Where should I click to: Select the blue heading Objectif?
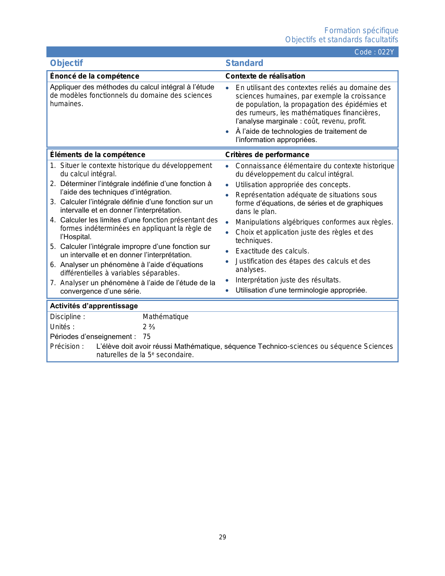pyautogui.click(x=66, y=63)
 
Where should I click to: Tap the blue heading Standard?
pyautogui.click(x=244, y=63)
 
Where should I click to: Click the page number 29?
pyautogui.click(x=222, y=537)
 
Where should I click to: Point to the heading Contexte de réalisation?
pyautogui.click(x=265, y=76)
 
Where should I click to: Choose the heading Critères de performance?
pyautogui.click(x=267, y=155)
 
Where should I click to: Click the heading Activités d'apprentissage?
pyautogui.click(x=94, y=306)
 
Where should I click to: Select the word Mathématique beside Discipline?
pyautogui.click(x=165, y=317)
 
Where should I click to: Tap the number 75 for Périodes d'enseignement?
pyautogui.click(x=147, y=337)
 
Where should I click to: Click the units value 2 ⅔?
pyautogui.click(x=149, y=327)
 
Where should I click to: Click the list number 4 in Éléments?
pyautogui.click(x=52, y=220)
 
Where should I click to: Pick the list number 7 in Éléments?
pyautogui.click(x=52, y=283)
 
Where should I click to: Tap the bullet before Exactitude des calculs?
pyautogui.click(x=227, y=251)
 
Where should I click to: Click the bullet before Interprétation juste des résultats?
pyautogui.click(x=227, y=280)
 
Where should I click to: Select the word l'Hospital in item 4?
pyautogui.click(x=75, y=237)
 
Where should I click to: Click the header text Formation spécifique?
pyautogui.click(x=361, y=31)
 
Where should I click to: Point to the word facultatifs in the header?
pyautogui.click(x=381, y=40)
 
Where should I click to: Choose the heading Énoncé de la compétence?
pyautogui.click(x=95, y=76)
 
